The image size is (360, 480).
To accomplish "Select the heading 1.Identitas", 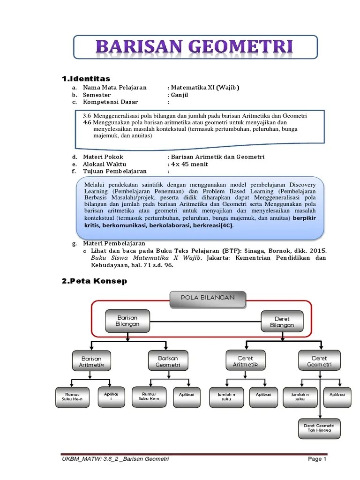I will click(x=86, y=78).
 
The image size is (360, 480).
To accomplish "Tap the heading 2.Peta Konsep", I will click(x=94, y=281).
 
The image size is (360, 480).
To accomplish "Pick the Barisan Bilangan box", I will click(x=127, y=321).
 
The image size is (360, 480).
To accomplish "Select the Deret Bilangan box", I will click(x=282, y=322).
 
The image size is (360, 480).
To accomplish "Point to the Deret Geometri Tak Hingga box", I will click(x=319, y=428).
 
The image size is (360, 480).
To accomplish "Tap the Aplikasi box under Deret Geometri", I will click(x=337, y=395).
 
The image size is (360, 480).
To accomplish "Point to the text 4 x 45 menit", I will click(x=189, y=164).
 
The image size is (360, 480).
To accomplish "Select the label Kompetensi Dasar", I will click(x=107, y=102).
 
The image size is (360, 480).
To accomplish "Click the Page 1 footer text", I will click(x=317, y=459).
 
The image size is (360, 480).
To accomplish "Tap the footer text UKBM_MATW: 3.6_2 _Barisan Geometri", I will click(x=115, y=459).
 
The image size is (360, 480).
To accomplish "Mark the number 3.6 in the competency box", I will click(x=86, y=116).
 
